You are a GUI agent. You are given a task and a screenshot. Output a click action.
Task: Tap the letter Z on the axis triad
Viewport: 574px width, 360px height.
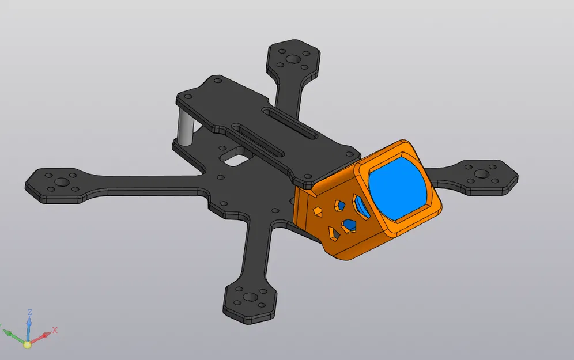[29, 312]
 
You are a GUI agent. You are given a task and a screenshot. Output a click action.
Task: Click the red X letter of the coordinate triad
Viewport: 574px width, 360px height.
[55, 330]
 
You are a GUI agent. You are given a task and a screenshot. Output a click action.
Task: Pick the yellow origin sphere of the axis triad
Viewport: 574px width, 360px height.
[27, 344]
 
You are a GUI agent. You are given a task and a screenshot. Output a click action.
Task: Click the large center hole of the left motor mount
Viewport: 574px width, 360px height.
[59, 183]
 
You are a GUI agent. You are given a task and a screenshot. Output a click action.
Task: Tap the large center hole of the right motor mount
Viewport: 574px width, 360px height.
[480, 173]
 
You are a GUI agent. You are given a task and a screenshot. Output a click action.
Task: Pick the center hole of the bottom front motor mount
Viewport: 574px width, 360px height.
[250, 298]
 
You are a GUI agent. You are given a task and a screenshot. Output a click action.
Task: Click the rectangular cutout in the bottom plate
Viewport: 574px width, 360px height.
[235, 155]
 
